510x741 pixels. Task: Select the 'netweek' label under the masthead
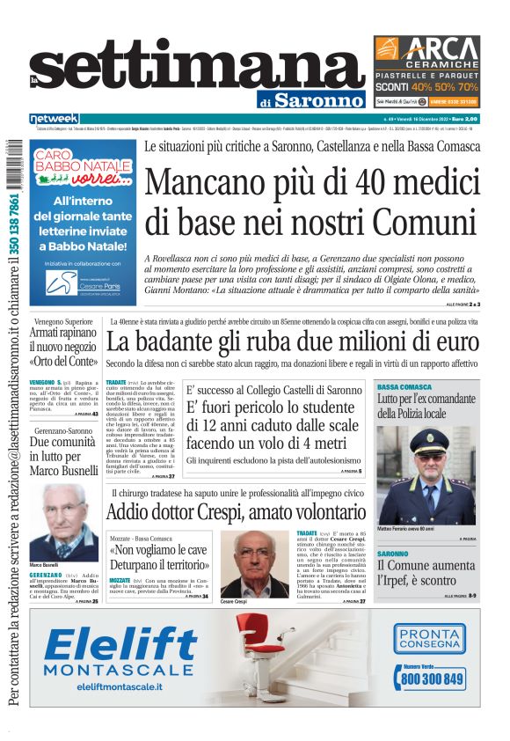click(54, 118)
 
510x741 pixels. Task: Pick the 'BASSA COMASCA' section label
click(404, 387)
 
